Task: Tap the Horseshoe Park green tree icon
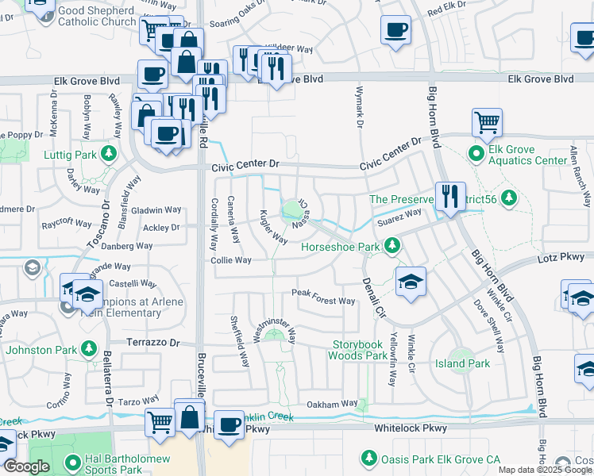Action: click(x=391, y=247)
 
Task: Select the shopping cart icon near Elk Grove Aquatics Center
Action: click(x=487, y=123)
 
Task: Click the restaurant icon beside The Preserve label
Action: click(x=449, y=196)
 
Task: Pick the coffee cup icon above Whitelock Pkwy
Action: click(x=229, y=424)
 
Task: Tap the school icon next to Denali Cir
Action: click(x=410, y=282)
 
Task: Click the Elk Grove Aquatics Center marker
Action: click(x=476, y=152)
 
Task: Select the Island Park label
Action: click(x=462, y=363)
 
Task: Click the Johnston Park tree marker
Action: click(x=87, y=349)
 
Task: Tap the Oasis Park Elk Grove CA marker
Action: click(x=368, y=458)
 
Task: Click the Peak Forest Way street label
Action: click(x=322, y=301)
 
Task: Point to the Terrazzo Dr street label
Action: click(x=154, y=344)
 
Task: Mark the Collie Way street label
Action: click(x=230, y=260)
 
